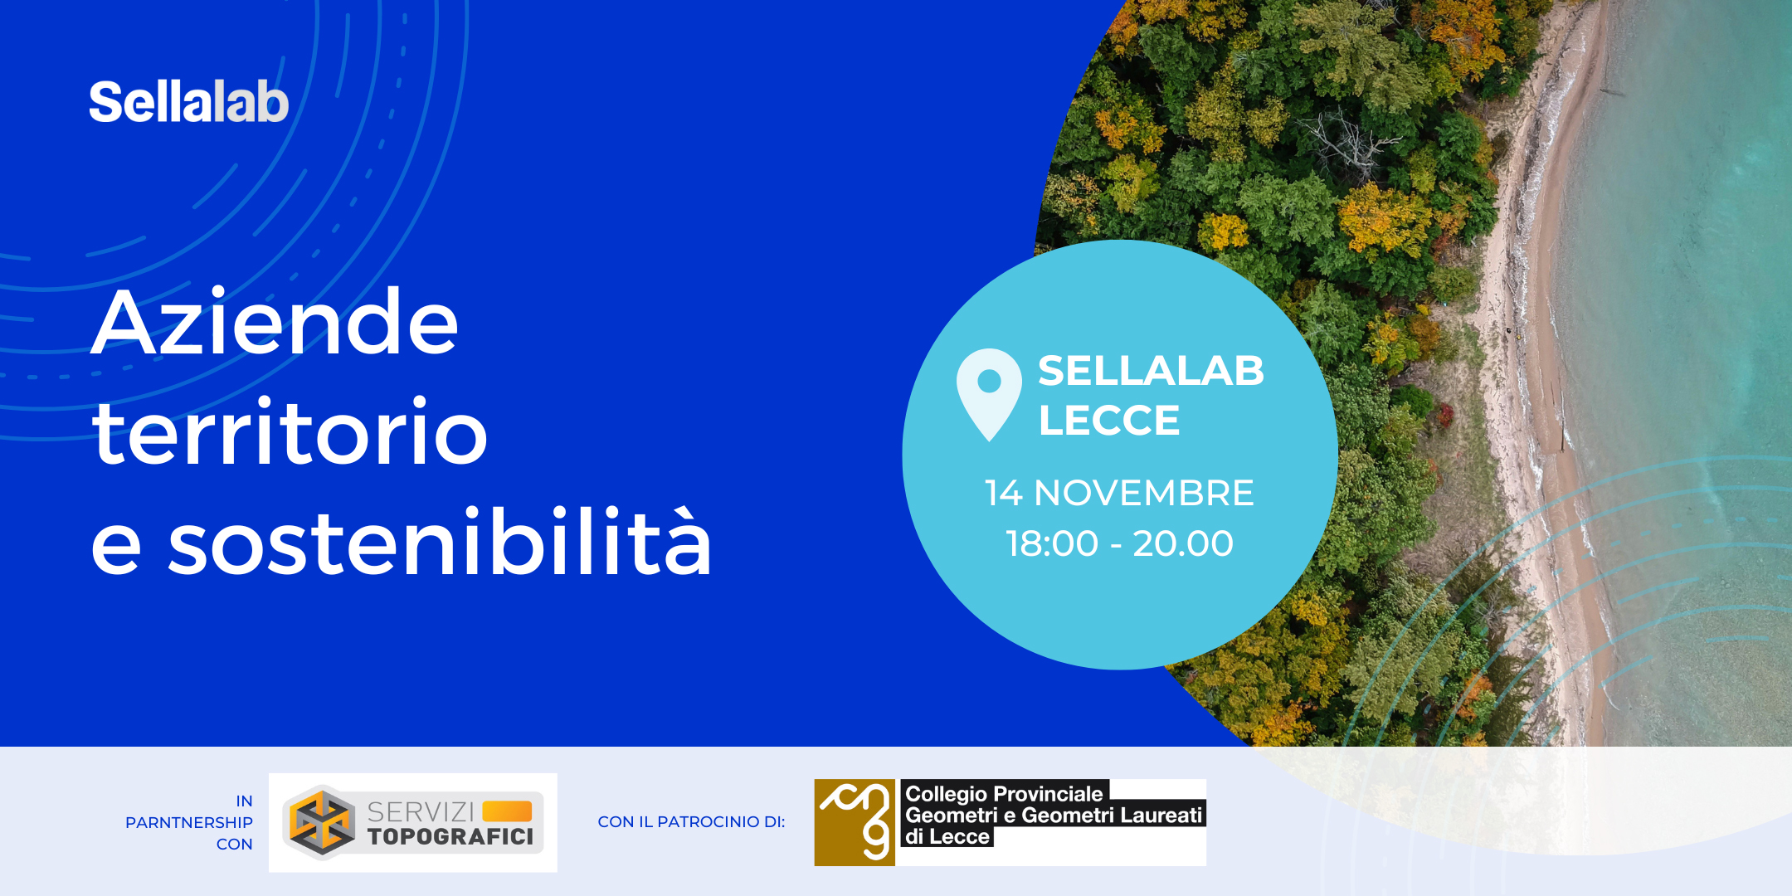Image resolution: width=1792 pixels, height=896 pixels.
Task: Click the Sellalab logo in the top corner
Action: (x=189, y=102)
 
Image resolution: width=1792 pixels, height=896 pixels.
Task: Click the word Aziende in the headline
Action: (x=275, y=322)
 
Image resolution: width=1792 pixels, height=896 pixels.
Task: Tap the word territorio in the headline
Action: (x=290, y=431)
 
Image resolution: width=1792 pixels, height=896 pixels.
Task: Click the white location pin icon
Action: (x=989, y=393)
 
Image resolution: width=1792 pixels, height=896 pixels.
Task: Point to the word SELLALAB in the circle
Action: (x=1151, y=371)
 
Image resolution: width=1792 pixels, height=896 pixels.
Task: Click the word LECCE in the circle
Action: (x=1109, y=421)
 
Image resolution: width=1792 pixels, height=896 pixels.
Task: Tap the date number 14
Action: (x=1004, y=493)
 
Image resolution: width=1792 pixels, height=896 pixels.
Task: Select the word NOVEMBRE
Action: (x=1144, y=493)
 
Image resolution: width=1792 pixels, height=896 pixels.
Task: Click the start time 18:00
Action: (x=1052, y=543)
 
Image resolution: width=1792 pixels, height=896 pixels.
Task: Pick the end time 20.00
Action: (x=1183, y=543)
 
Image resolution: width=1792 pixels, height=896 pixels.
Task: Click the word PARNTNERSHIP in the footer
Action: (x=189, y=822)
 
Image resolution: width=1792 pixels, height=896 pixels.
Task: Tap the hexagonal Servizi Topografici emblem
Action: (x=322, y=822)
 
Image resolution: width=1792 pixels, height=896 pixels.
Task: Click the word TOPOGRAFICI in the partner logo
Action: (x=450, y=836)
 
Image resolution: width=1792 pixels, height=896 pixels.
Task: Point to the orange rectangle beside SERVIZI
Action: (x=507, y=811)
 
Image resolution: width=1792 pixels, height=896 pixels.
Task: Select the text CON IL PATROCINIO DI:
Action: (x=691, y=821)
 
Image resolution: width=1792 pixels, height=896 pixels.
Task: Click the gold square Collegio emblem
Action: (x=855, y=822)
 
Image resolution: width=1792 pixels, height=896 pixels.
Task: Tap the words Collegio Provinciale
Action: (x=1004, y=794)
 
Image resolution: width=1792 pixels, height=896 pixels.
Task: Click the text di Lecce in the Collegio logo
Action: (x=947, y=836)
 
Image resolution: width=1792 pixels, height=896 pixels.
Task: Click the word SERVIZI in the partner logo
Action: (x=421, y=811)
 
